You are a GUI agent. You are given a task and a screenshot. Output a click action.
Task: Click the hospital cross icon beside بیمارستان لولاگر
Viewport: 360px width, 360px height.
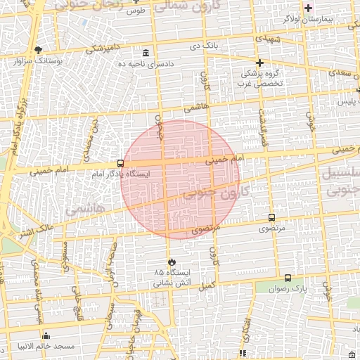coord(307,8)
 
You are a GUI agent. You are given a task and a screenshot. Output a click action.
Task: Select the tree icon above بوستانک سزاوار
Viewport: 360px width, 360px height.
coord(38,49)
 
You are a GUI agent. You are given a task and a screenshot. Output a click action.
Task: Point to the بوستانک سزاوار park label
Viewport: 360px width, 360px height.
coord(39,61)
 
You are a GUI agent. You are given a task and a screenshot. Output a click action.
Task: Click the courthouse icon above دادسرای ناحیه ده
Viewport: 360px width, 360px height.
coord(146,53)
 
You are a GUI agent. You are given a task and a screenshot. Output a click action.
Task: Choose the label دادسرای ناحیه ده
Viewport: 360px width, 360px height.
coord(146,64)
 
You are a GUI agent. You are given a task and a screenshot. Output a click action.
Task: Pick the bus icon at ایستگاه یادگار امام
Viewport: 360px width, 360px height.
coord(120,163)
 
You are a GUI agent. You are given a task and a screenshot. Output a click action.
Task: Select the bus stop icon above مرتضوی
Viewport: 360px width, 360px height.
coord(272,218)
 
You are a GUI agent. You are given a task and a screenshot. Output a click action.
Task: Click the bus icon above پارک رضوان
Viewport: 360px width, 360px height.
coord(288,278)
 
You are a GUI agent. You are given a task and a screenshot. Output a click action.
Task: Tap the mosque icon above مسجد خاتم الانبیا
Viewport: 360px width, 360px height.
coord(46,335)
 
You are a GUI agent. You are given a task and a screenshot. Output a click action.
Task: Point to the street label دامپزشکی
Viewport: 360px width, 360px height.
coord(105,49)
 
